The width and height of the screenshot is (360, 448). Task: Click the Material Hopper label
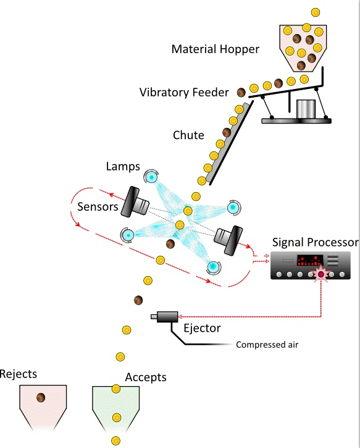click(x=216, y=49)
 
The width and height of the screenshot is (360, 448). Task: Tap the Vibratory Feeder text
click(x=184, y=93)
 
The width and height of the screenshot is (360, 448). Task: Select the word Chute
click(x=188, y=135)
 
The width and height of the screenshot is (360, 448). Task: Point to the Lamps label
click(x=123, y=166)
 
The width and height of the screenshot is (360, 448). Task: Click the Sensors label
click(x=98, y=206)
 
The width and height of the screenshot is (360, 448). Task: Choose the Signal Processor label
click(x=315, y=242)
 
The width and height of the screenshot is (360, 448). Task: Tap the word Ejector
click(x=202, y=328)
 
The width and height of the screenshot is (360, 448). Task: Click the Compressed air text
click(x=267, y=345)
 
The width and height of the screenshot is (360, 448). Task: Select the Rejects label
click(x=19, y=374)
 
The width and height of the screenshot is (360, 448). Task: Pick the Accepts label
click(x=146, y=378)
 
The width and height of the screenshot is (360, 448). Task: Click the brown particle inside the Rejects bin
click(x=41, y=397)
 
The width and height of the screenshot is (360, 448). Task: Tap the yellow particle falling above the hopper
click(x=315, y=12)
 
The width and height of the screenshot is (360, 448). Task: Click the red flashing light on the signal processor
click(x=321, y=274)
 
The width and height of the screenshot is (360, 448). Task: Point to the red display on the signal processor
click(x=310, y=260)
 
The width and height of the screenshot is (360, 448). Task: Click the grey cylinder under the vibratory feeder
click(x=306, y=109)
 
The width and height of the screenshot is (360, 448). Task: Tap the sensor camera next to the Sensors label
click(x=135, y=202)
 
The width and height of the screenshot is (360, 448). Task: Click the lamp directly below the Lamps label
click(x=151, y=177)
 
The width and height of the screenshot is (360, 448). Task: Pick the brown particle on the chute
click(x=227, y=133)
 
